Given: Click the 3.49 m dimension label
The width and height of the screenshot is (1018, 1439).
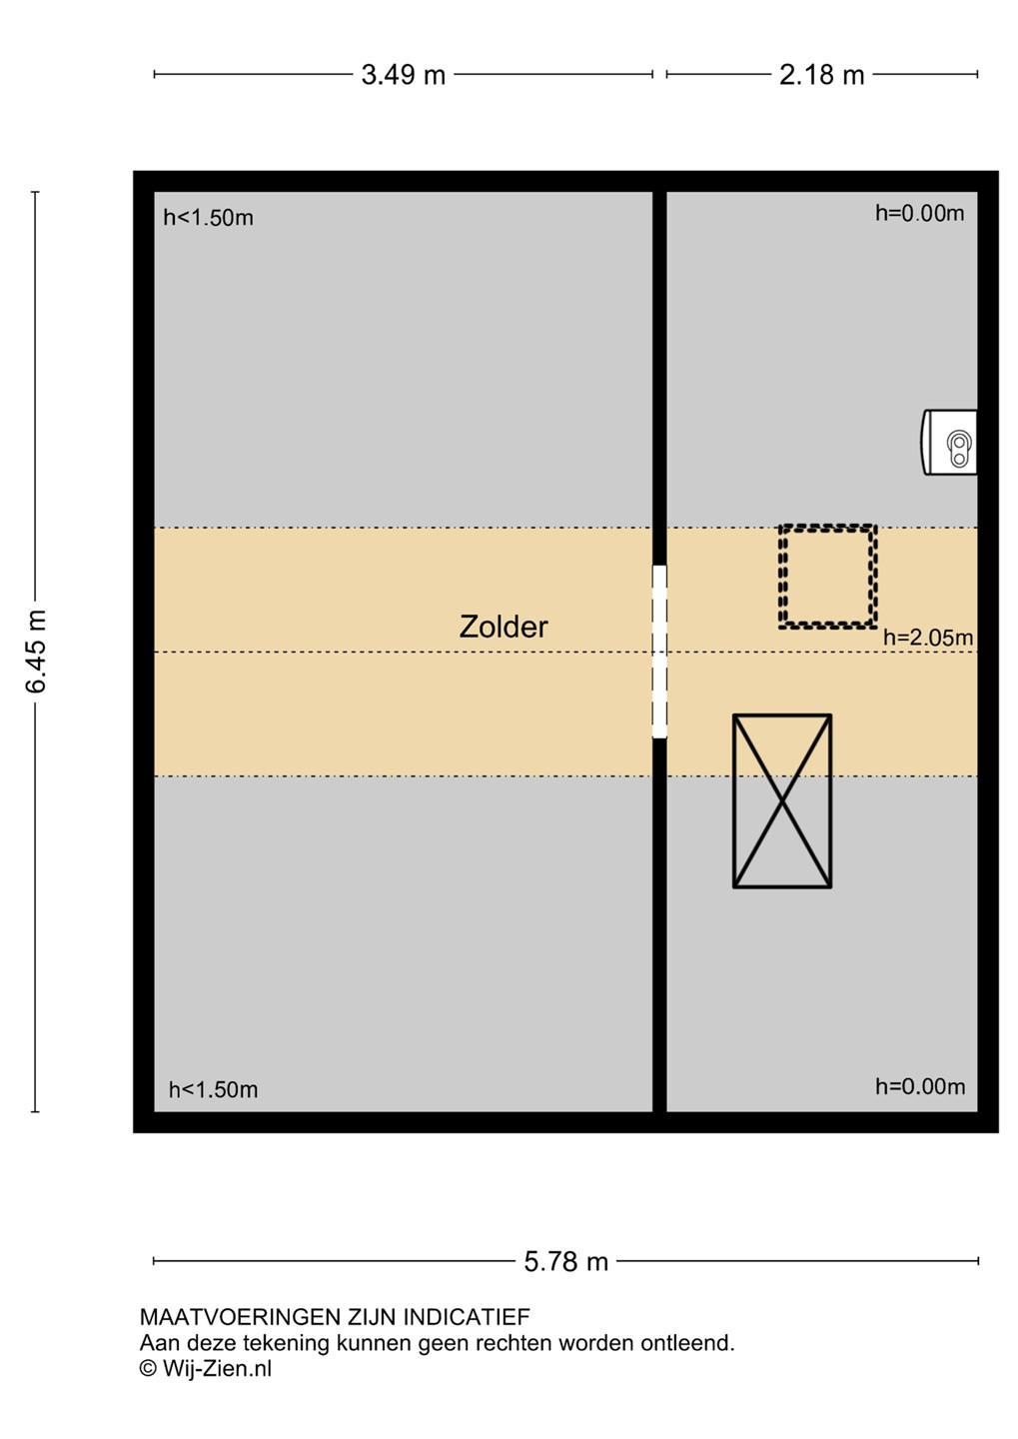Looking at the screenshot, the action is (x=403, y=75).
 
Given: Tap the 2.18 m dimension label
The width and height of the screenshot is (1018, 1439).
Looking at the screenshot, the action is (x=821, y=75).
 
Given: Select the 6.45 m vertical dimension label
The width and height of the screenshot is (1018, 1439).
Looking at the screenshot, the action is (x=37, y=652).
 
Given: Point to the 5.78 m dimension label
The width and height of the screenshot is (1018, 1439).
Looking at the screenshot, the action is (x=565, y=1262).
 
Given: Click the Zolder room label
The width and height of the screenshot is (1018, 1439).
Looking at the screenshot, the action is (x=504, y=627).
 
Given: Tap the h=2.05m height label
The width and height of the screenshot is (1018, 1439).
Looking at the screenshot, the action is (x=928, y=638).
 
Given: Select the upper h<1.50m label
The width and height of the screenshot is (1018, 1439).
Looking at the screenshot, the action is (x=208, y=218).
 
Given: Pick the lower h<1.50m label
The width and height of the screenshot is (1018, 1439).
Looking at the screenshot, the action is (x=213, y=1089).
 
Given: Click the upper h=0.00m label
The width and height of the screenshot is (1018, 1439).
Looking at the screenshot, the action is (x=920, y=213).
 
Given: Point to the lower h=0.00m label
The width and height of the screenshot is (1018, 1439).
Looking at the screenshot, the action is (x=920, y=1086).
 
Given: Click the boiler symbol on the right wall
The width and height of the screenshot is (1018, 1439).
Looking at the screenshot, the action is (x=950, y=443).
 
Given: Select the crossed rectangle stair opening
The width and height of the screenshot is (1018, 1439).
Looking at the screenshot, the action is (x=782, y=801).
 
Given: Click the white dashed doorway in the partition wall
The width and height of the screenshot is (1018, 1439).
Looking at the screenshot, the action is (x=659, y=652).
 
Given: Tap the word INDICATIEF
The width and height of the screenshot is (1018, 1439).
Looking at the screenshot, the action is (x=467, y=1317).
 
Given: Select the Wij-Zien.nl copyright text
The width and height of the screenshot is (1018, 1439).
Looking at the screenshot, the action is (x=206, y=1369).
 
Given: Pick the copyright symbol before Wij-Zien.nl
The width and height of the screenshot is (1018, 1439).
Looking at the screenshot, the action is (x=149, y=1369).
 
